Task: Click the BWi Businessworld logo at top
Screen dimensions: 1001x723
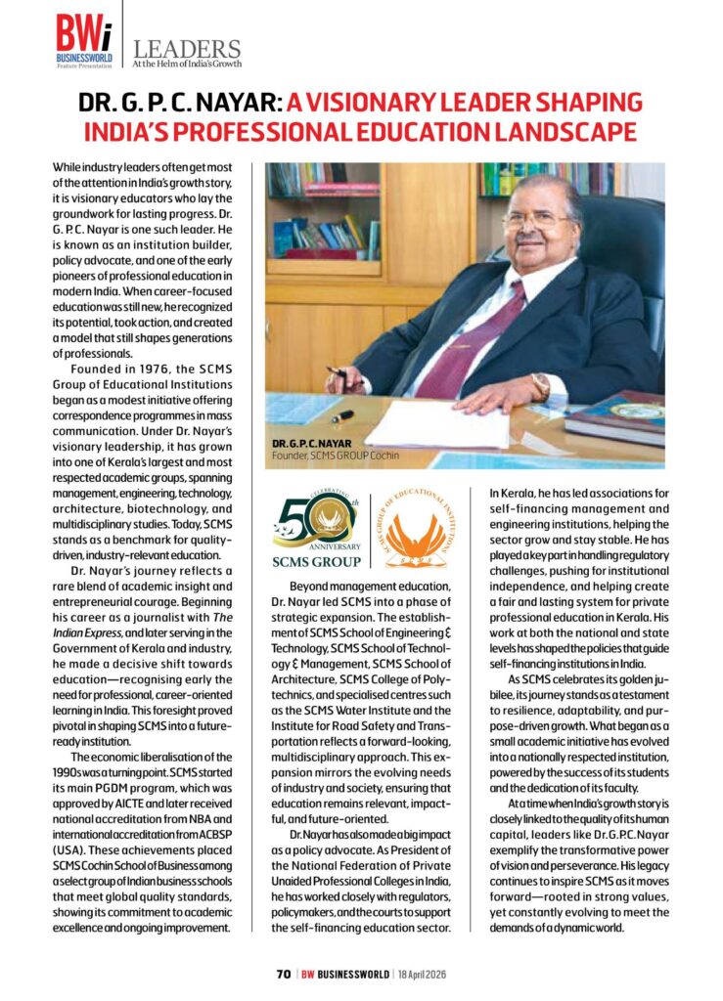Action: [x=84, y=40]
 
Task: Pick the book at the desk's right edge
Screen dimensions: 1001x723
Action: [x=615, y=415]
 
